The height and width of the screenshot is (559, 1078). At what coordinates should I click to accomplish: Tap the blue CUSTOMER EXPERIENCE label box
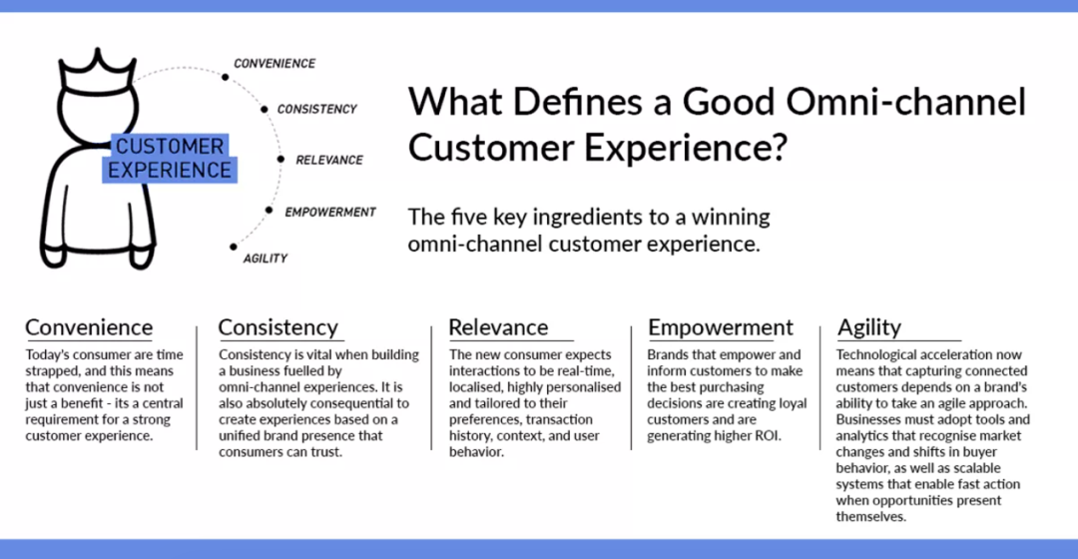(x=170, y=158)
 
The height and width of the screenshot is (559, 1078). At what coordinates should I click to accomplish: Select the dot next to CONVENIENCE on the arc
(x=225, y=77)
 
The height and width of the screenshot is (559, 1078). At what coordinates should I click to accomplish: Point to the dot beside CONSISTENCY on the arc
(x=264, y=110)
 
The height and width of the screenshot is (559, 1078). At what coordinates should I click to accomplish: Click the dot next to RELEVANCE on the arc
(x=280, y=160)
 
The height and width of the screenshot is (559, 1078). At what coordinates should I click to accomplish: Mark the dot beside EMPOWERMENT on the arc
(x=269, y=211)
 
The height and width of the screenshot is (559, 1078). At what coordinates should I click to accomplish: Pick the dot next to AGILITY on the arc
(x=233, y=247)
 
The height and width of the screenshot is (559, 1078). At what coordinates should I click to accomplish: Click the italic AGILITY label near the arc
(x=266, y=259)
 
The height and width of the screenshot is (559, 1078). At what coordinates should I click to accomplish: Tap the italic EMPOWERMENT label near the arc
(x=330, y=213)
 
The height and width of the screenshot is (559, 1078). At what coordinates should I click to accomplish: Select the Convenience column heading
(x=89, y=327)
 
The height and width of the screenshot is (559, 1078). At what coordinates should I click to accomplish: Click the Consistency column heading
(x=278, y=327)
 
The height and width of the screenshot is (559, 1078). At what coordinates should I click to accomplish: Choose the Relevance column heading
(x=498, y=327)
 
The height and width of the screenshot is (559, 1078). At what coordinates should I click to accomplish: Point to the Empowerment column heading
(x=721, y=327)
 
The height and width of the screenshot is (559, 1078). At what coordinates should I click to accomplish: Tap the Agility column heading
(x=869, y=328)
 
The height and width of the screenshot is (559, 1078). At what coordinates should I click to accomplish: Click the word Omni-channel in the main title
(x=906, y=102)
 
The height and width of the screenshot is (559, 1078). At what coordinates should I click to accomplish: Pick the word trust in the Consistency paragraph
(x=323, y=452)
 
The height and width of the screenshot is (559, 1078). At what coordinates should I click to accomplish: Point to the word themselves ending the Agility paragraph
(x=871, y=517)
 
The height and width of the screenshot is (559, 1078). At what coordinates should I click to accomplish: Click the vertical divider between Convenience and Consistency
(x=197, y=388)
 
